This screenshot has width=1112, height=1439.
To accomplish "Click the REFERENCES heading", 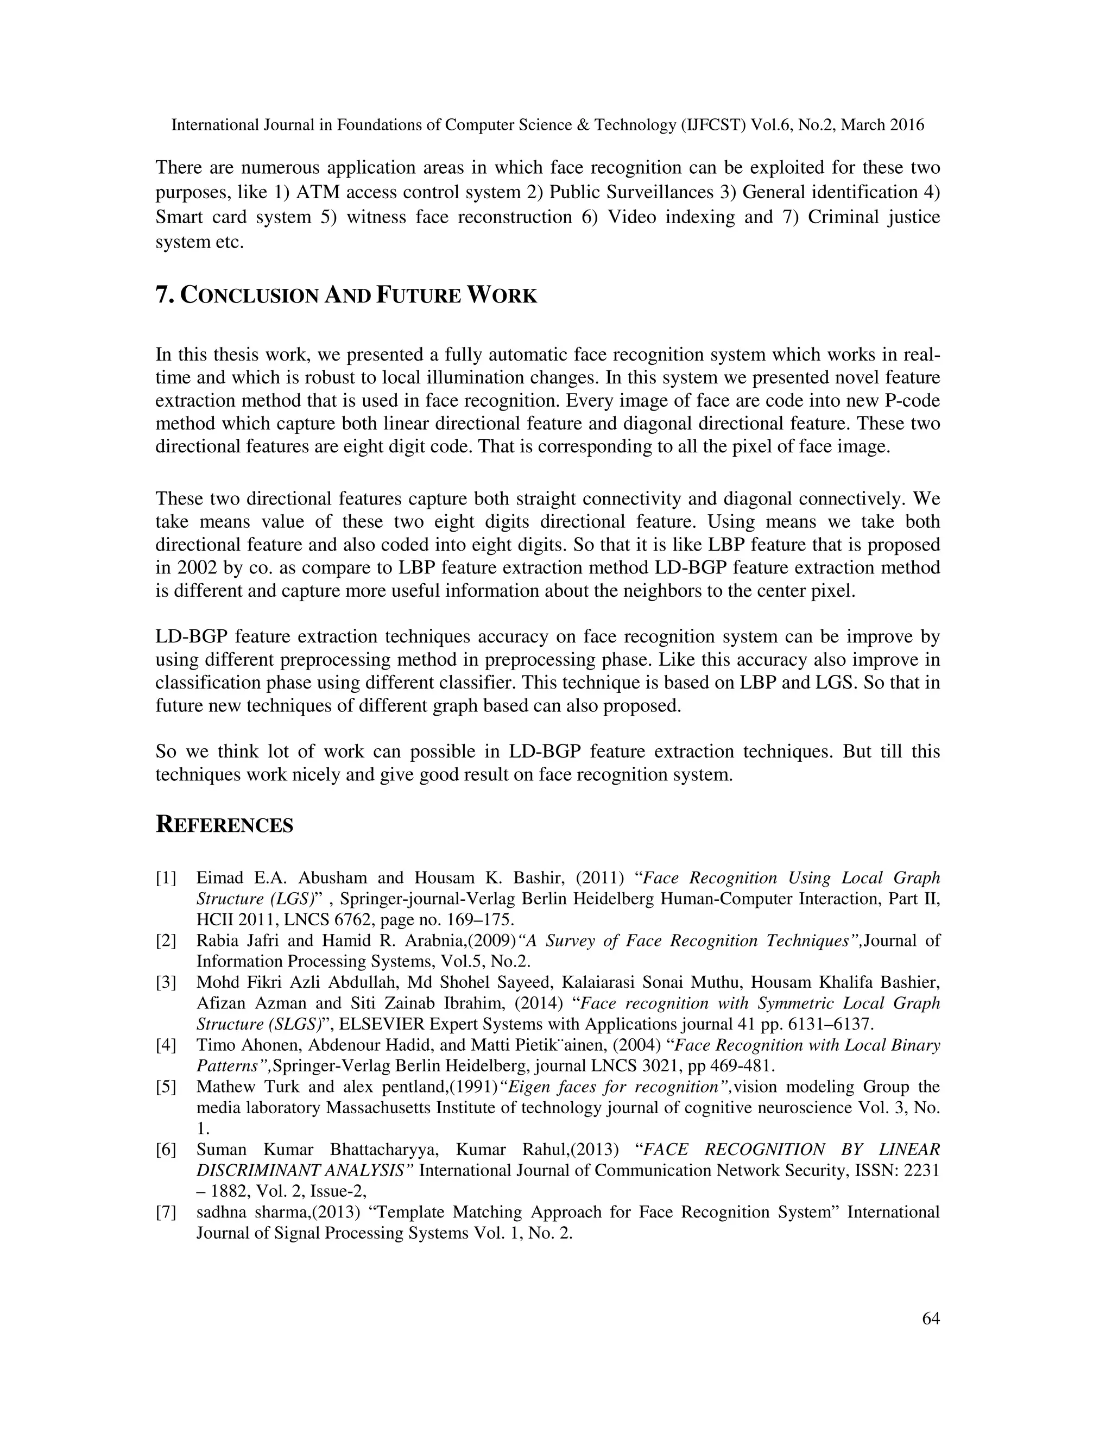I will tap(224, 825).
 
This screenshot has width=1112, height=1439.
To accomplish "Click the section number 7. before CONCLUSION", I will tap(164, 295).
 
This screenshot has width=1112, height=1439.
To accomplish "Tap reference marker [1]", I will tap(166, 878).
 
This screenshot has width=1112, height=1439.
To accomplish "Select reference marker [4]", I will tap(166, 1046).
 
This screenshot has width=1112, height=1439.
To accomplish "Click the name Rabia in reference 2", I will tap(216, 941).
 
